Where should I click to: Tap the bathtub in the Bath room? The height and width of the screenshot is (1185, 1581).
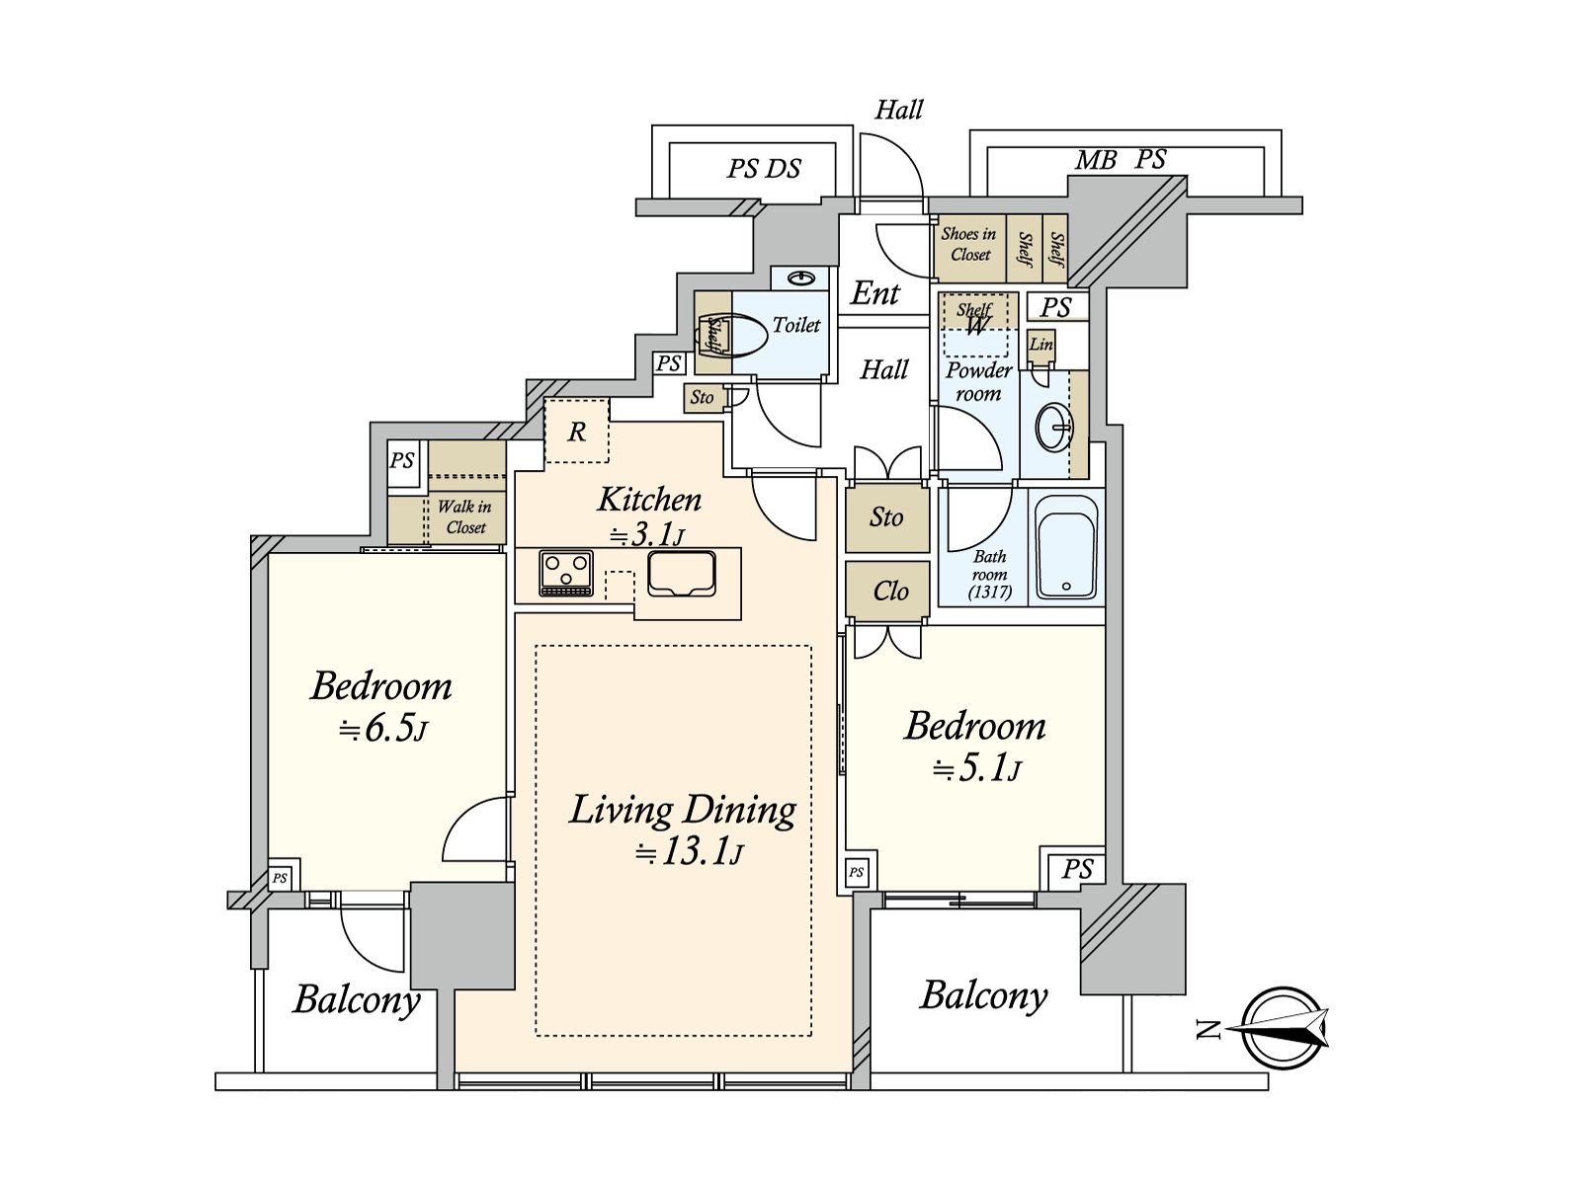click(1066, 547)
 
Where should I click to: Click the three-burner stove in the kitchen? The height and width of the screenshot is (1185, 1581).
click(566, 574)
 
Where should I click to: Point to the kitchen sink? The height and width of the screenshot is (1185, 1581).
click(682, 574)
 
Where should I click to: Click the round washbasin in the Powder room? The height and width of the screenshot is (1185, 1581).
click(1053, 428)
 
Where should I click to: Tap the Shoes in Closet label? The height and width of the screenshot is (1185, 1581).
click(968, 244)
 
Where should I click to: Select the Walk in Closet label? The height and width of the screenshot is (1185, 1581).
click(465, 516)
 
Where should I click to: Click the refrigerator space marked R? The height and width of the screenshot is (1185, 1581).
click(577, 432)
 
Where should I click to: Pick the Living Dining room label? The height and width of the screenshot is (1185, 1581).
click(683, 810)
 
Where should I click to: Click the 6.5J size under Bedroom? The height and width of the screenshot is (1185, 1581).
click(383, 730)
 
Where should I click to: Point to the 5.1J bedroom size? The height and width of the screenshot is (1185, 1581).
click(976, 770)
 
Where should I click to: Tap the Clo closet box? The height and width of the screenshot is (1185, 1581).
click(887, 591)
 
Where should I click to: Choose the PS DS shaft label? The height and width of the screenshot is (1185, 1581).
click(764, 168)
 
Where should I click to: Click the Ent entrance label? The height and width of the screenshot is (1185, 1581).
click(875, 293)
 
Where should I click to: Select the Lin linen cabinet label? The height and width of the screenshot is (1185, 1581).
click(1041, 344)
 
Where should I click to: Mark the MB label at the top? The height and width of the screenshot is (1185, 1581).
click(1096, 160)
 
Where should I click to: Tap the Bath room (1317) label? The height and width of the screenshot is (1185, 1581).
click(990, 574)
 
